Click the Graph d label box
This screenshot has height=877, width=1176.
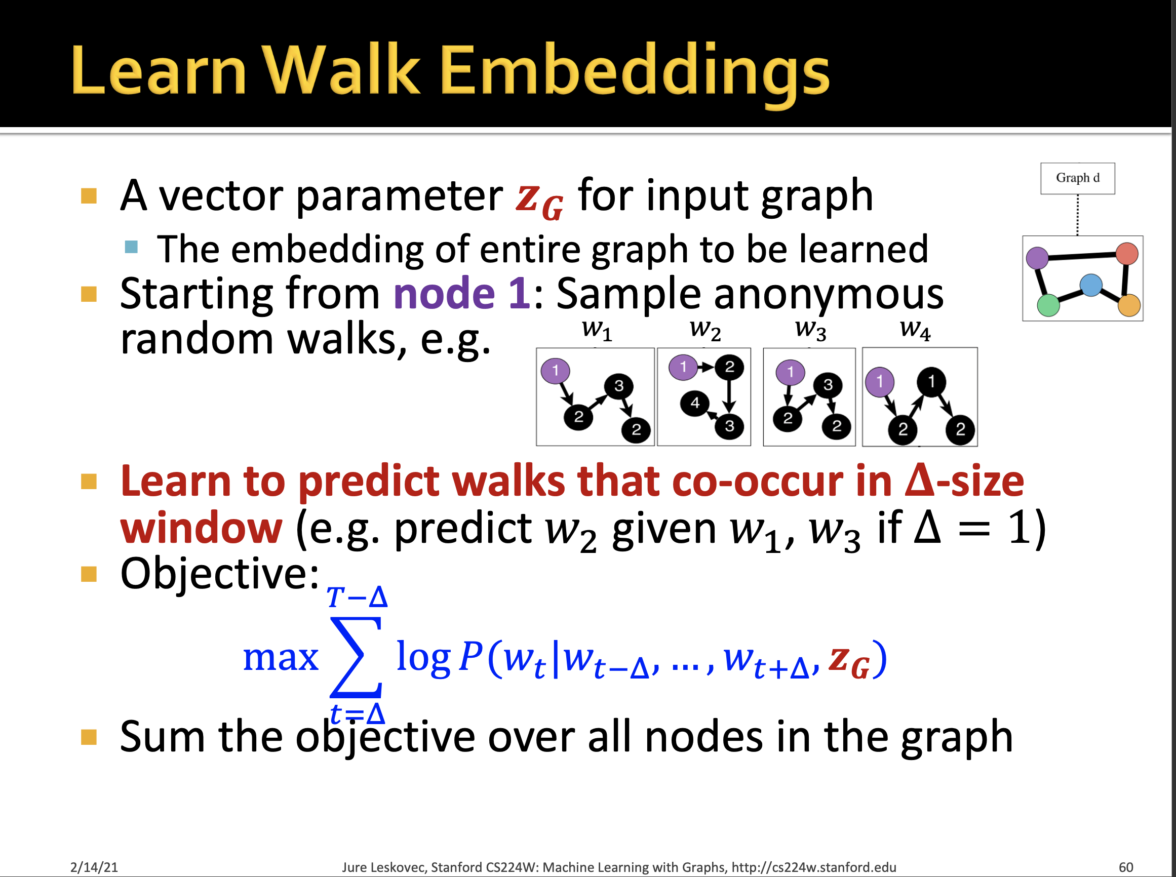(x=1077, y=178)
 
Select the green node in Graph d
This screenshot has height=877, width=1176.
(x=1048, y=305)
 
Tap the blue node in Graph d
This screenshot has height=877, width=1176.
(x=1090, y=285)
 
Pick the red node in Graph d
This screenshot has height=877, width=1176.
(x=1127, y=254)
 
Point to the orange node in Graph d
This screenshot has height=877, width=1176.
(x=1129, y=305)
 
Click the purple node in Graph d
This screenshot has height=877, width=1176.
(x=1037, y=258)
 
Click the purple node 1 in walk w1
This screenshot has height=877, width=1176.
(x=556, y=370)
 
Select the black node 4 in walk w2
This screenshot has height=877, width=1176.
(x=694, y=404)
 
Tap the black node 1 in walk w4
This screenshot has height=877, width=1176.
(x=931, y=381)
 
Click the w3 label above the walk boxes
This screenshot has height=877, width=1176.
(x=810, y=330)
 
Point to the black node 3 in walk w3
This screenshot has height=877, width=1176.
(x=828, y=384)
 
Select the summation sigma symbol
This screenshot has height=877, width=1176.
(x=356, y=657)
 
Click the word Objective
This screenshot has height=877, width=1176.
(x=219, y=573)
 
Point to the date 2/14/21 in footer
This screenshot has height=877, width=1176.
(x=94, y=867)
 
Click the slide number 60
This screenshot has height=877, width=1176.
(x=1125, y=867)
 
